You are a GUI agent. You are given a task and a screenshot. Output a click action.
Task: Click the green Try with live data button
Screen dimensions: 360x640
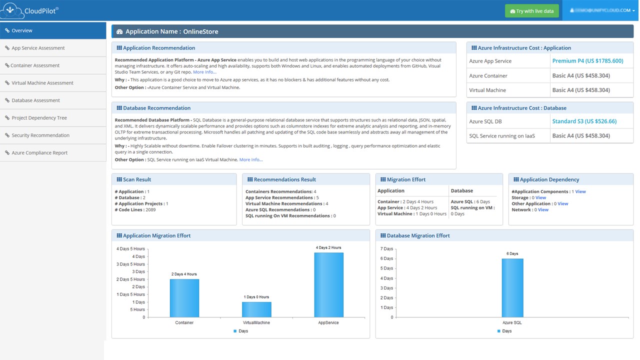tap(531, 11)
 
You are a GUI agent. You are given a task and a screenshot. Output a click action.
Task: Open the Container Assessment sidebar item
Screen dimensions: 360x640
tap(35, 65)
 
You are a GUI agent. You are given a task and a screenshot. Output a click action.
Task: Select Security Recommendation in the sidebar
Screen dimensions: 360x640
tap(40, 135)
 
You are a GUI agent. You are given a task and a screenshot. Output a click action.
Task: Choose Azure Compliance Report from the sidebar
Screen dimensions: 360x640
tap(39, 153)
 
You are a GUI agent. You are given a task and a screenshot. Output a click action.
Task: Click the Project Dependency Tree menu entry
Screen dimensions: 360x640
tap(39, 118)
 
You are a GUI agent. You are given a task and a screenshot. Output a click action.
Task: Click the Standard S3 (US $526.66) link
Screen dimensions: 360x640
tap(584, 121)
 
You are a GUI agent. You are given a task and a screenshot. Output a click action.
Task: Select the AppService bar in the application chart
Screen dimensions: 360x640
tap(328, 284)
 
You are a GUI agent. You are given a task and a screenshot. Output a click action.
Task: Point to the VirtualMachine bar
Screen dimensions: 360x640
tap(256, 309)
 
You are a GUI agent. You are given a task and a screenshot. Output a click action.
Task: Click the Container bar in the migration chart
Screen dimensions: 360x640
tap(184, 298)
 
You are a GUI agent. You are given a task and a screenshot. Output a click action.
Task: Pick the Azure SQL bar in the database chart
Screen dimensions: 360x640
tap(512, 287)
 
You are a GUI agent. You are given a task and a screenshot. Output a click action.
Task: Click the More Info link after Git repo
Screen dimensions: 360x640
tap(204, 72)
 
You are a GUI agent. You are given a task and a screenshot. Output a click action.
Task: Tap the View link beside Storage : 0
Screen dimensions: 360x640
tap(540, 198)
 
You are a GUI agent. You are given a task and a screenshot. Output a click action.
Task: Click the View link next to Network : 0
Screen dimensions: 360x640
tap(543, 210)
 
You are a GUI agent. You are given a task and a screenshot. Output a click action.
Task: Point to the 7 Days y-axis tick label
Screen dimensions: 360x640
tap(387, 249)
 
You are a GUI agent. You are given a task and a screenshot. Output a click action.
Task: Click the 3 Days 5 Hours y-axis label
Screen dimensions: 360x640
tap(130, 264)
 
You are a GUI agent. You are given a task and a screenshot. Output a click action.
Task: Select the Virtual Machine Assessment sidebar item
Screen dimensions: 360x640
tap(42, 83)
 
